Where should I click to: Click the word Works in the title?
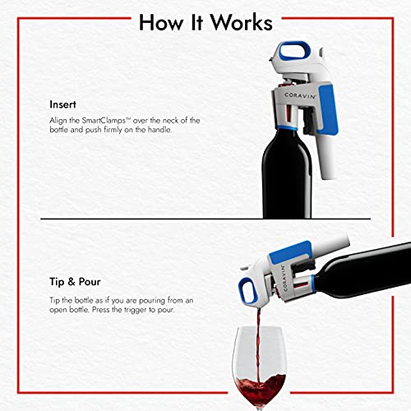click(x=242, y=22)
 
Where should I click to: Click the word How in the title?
click(x=161, y=22)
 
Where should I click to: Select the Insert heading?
click(x=62, y=104)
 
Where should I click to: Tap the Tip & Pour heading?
click(x=75, y=282)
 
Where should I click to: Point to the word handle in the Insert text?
click(x=159, y=129)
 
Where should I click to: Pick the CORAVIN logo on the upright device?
click(x=300, y=95)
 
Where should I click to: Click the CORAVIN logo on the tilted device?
click(x=284, y=278)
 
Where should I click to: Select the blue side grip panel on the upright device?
click(x=328, y=109)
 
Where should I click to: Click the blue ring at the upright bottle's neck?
click(x=287, y=128)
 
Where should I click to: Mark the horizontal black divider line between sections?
click(x=205, y=219)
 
